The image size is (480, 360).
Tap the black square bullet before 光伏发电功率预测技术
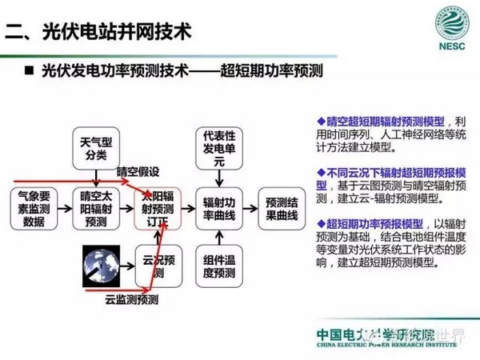coord(29,71)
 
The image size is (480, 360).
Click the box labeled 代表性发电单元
coord(219,147)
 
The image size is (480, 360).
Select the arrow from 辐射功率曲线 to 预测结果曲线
coord(250,206)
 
